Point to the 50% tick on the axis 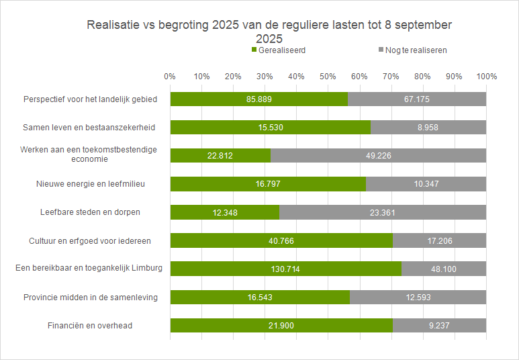tap(328, 77)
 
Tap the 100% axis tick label tap(486, 77)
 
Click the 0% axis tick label tap(170, 77)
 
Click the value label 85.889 tap(259, 99)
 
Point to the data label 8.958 tap(428, 128)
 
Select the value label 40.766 tap(281, 241)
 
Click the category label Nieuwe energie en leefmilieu tap(90, 184)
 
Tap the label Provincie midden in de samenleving tap(90, 298)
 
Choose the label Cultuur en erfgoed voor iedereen tap(90, 241)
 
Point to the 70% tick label tap(391, 77)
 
